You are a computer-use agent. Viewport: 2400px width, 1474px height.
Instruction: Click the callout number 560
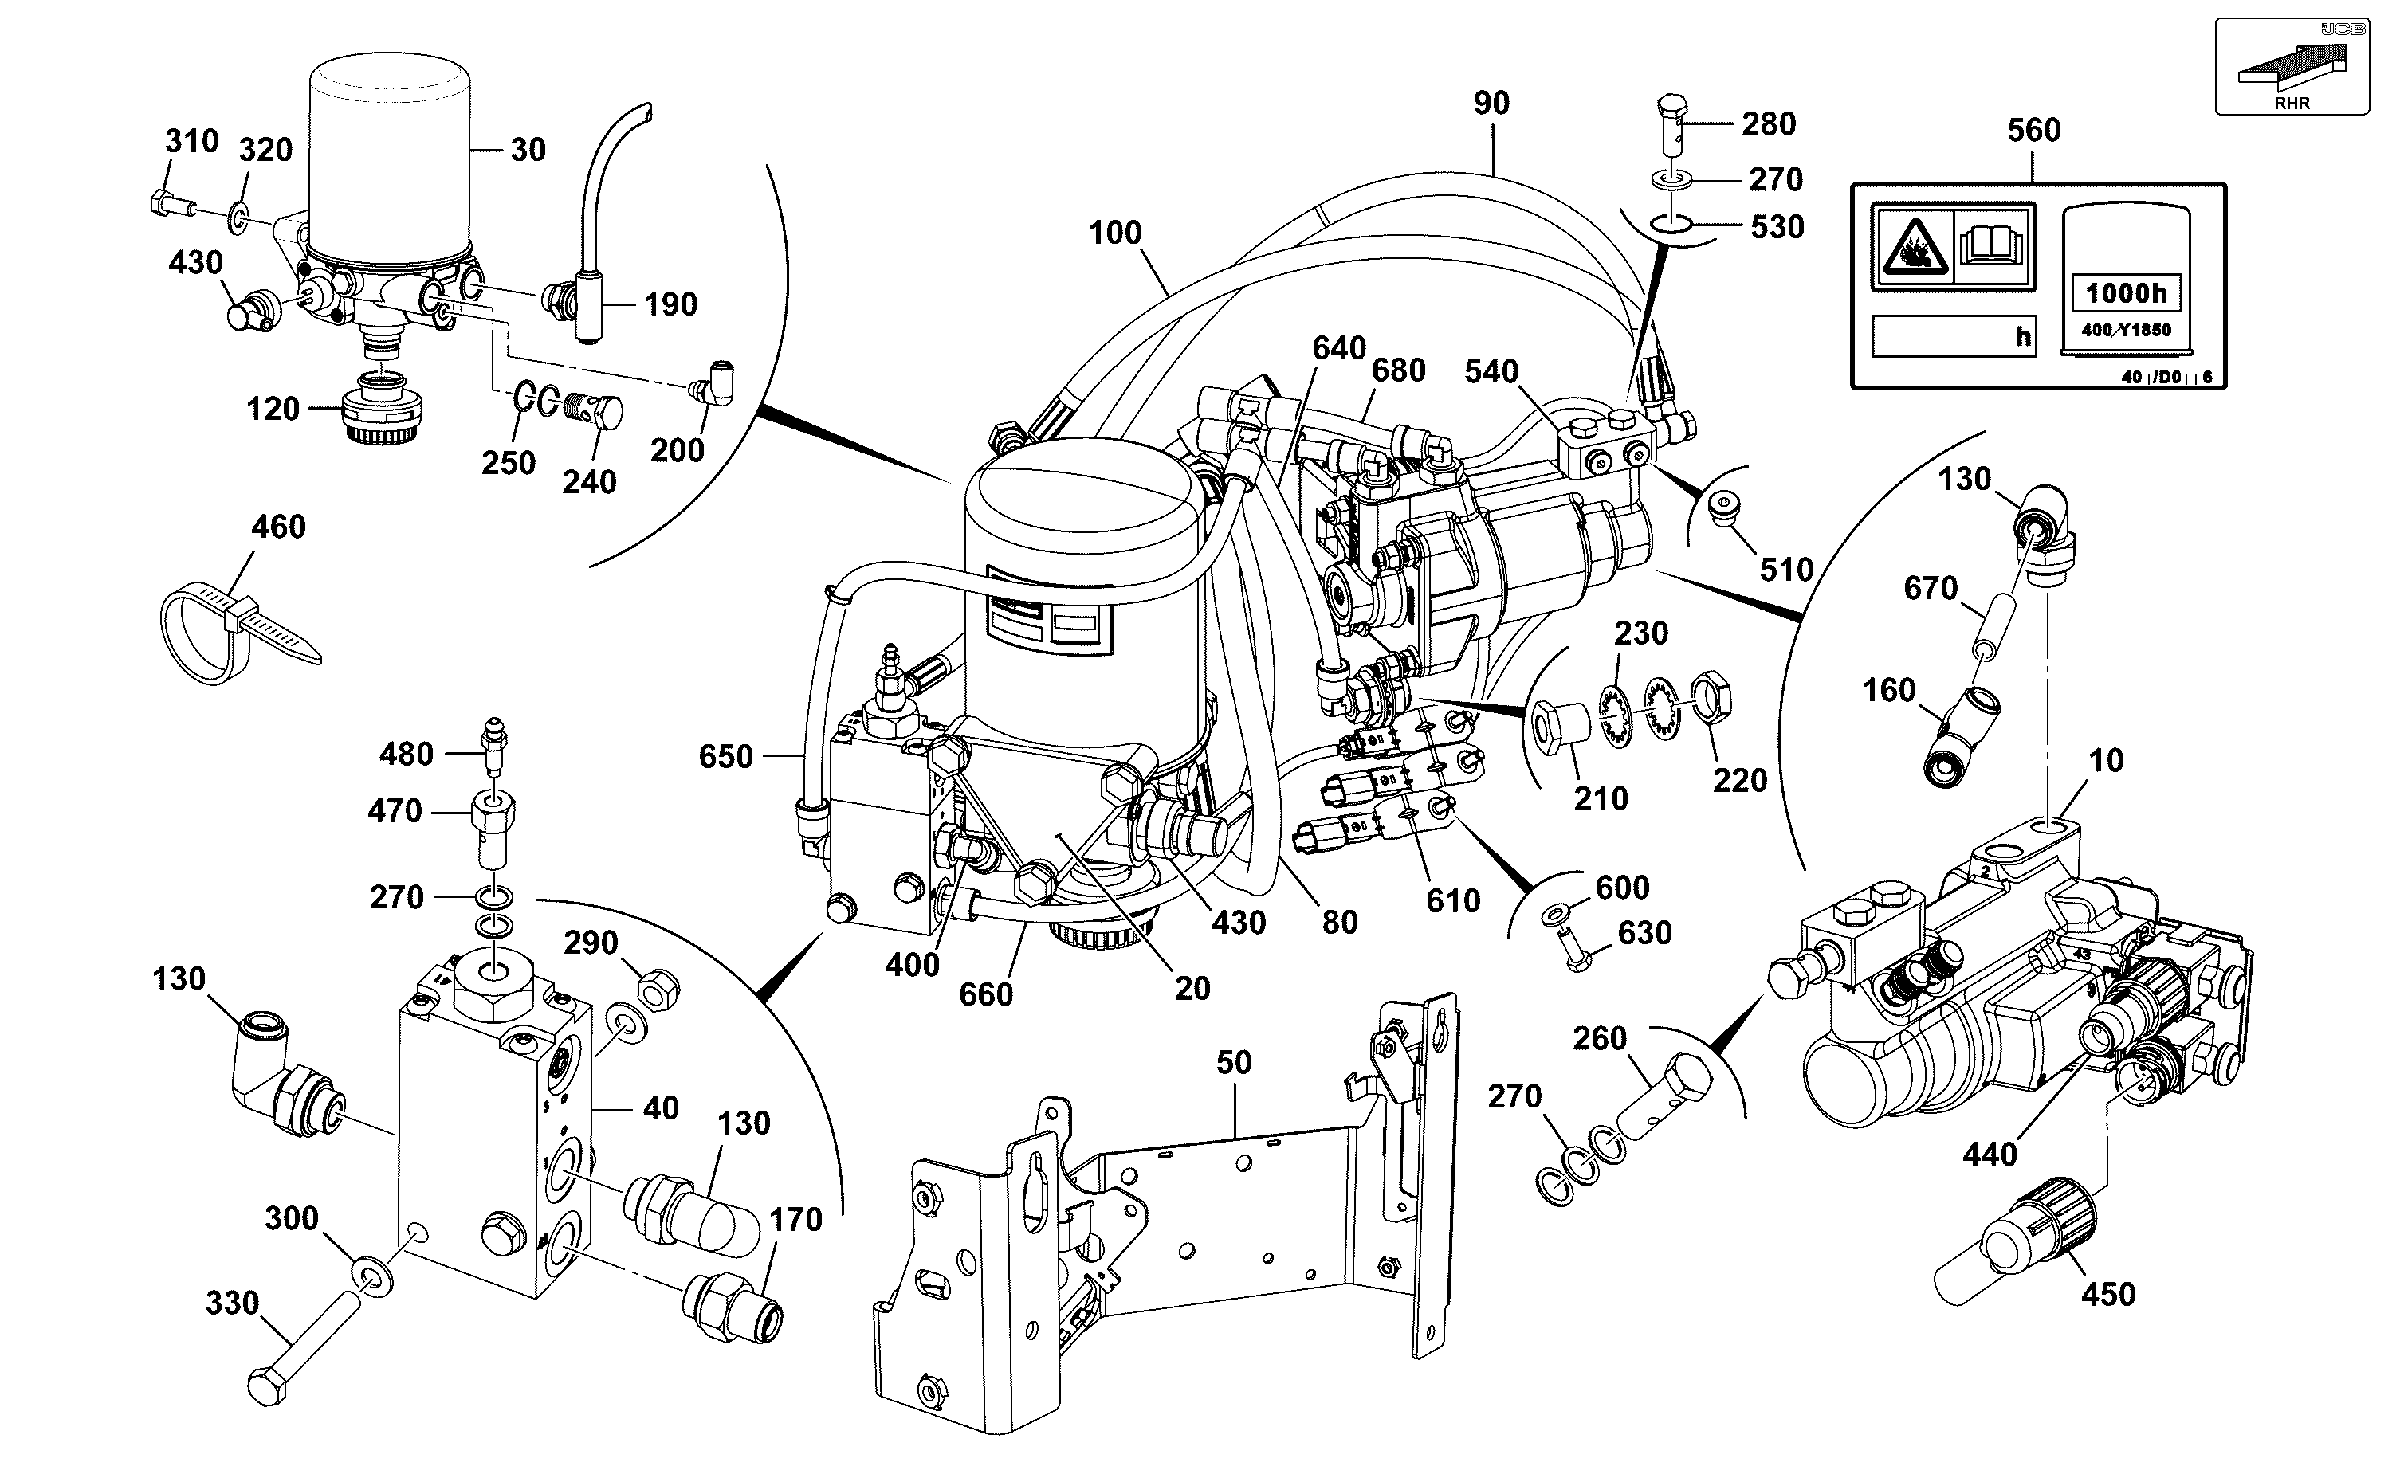pyautogui.click(x=2033, y=131)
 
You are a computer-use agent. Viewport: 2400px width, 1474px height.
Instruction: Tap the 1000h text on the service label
pyautogui.click(x=2126, y=292)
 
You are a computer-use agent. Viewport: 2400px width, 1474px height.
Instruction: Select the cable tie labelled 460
pyautogui.click(x=238, y=633)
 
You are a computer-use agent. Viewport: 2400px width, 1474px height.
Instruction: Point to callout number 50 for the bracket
pyautogui.click(x=1234, y=1063)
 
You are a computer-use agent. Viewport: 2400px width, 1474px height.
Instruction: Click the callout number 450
pyautogui.click(x=2107, y=1295)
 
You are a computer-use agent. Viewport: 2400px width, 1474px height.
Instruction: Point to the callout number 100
pyautogui.click(x=1114, y=233)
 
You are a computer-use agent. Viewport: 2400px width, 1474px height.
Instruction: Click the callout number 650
pyautogui.click(x=725, y=756)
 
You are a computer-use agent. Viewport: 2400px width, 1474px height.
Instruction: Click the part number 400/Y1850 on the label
pyautogui.click(x=2126, y=331)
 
